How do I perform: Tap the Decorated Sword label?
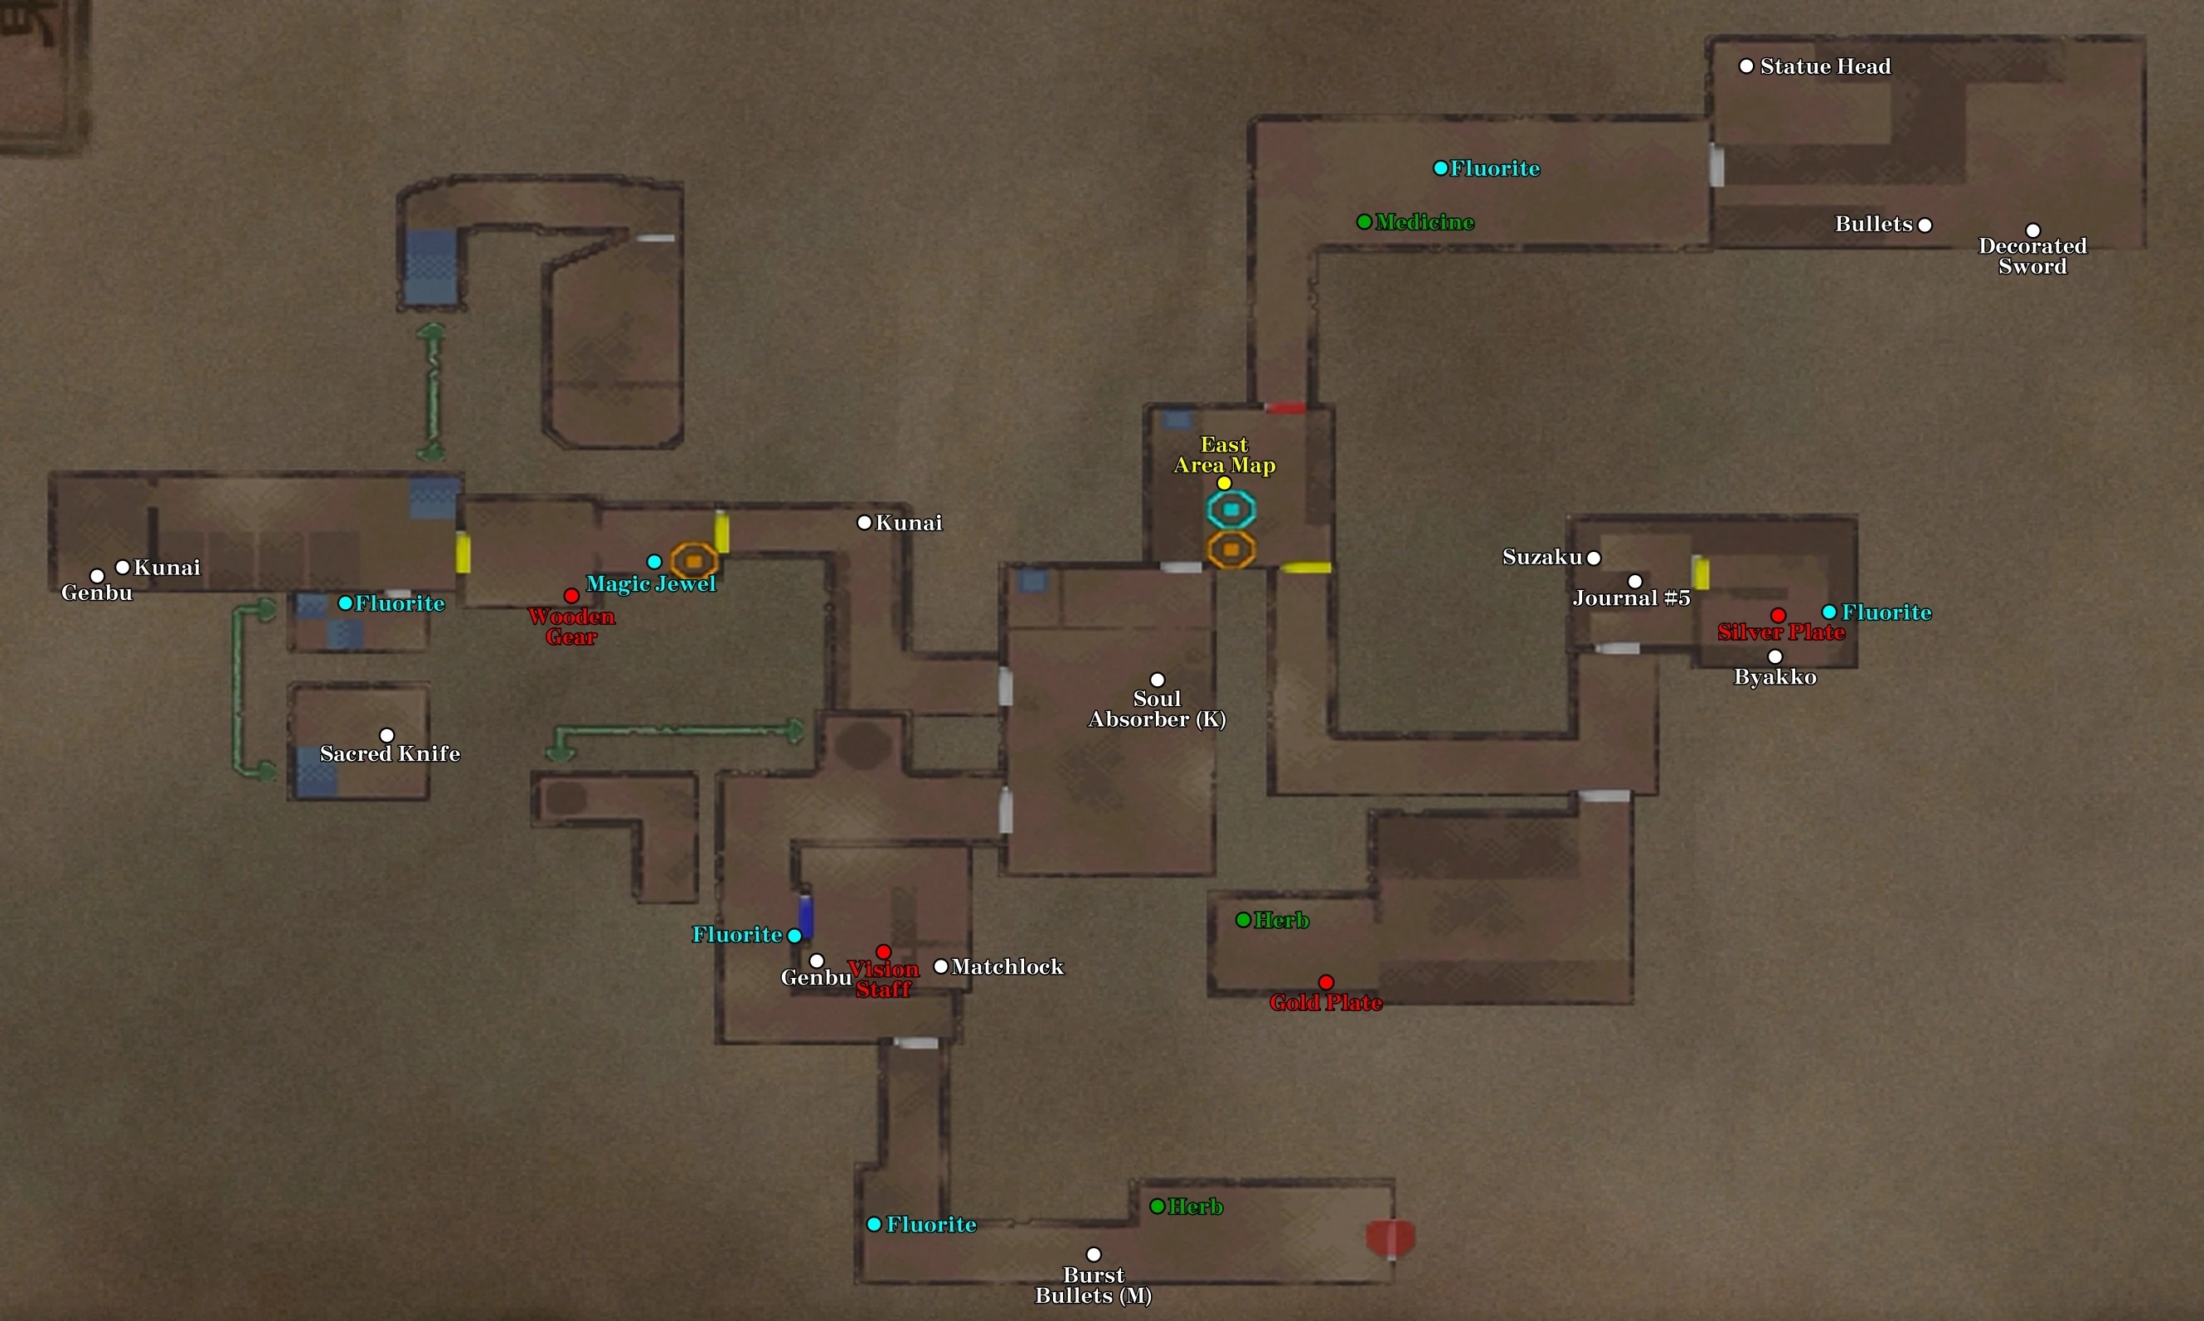click(2032, 256)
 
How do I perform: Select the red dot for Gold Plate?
click(1326, 982)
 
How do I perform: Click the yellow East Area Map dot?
click(1225, 483)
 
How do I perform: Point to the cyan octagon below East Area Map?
click(1231, 510)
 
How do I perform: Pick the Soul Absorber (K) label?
click(1157, 709)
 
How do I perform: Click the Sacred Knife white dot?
click(386, 735)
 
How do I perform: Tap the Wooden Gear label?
click(570, 627)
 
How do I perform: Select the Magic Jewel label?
click(650, 584)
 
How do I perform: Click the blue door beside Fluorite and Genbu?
click(806, 916)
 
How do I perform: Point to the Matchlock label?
click(1007, 966)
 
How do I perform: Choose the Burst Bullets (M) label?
click(1094, 1285)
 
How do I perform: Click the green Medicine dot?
click(1364, 221)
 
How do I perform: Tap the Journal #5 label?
click(1630, 598)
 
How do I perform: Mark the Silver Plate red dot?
click(1779, 615)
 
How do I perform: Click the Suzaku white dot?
click(1594, 558)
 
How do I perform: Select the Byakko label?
click(1774, 677)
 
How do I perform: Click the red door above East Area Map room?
click(1285, 408)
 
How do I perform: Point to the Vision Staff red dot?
click(883, 951)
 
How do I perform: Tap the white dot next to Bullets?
click(1925, 225)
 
